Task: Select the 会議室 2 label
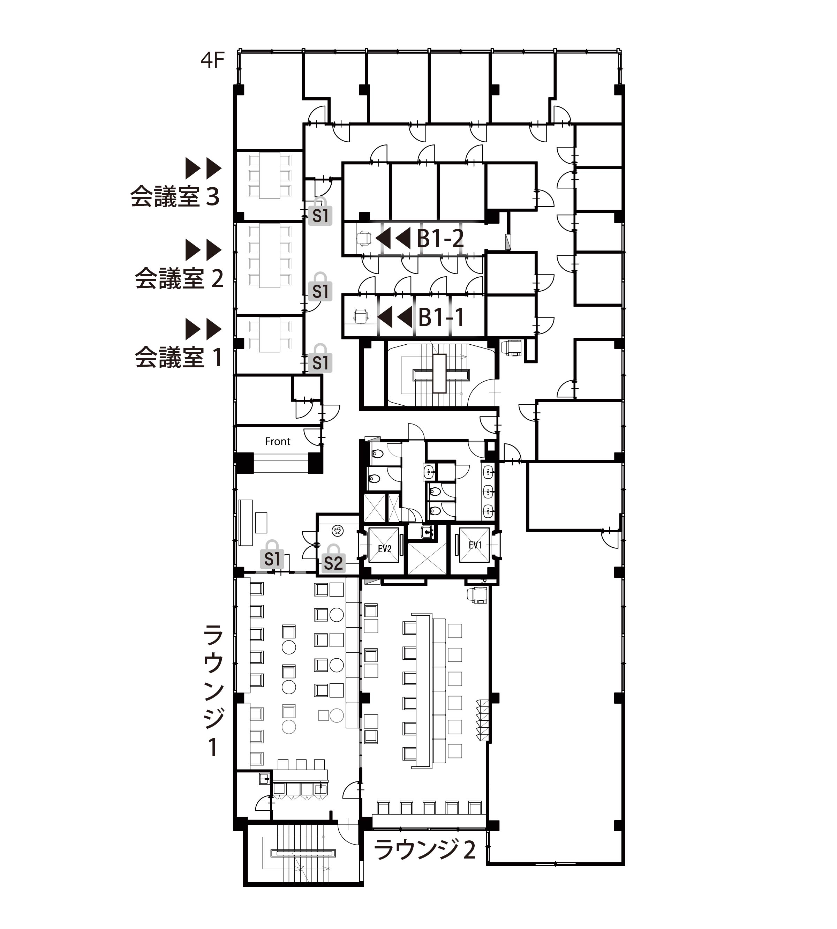(179, 278)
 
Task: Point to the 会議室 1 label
(179, 357)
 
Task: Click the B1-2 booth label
(440, 238)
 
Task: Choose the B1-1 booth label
(441, 317)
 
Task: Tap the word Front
(277, 441)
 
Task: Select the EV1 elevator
(475, 545)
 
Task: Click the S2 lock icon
(333, 559)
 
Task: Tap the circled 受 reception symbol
(338, 531)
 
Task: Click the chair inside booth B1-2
(364, 238)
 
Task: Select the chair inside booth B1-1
(361, 316)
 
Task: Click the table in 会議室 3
(270, 175)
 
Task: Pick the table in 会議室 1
(270, 335)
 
